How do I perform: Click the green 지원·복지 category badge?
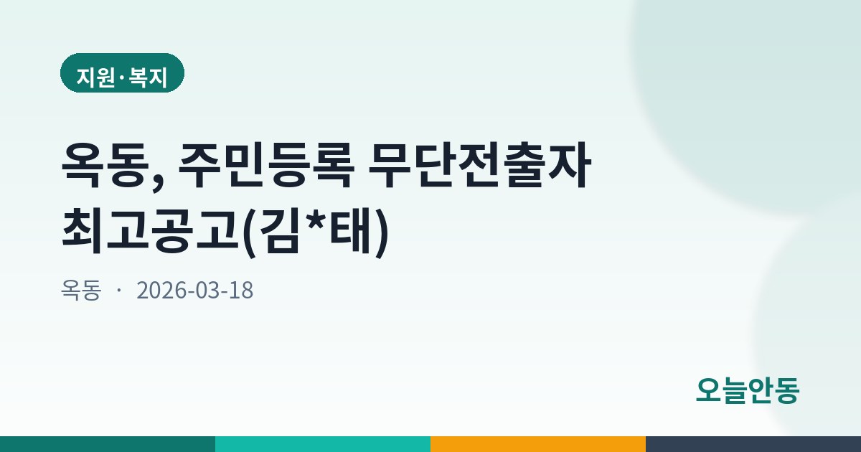tap(122, 73)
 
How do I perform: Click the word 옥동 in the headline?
tap(105, 165)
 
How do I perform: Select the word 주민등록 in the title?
tap(265, 165)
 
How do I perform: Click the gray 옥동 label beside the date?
tap(81, 290)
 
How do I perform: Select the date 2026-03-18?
tap(195, 290)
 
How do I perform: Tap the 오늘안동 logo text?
tap(748, 390)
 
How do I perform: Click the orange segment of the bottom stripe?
tap(538, 444)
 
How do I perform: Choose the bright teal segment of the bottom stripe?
tap(323, 444)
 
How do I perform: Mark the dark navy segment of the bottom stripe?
tap(753, 444)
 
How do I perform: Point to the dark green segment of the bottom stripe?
tap(108, 444)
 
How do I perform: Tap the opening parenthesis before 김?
tap(250, 233)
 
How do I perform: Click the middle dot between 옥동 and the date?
tap(119, 291)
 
